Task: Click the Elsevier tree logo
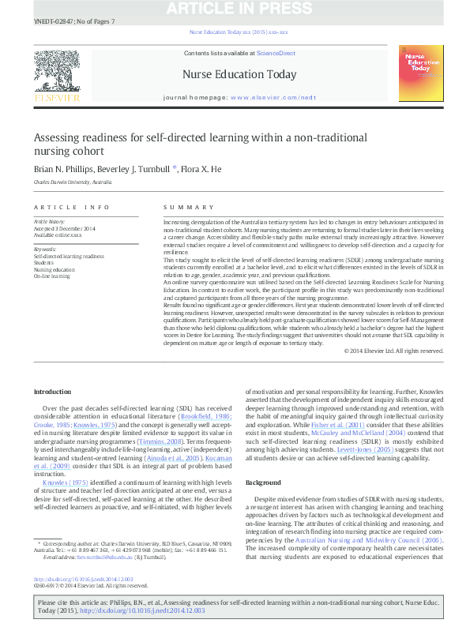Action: pos(56,76)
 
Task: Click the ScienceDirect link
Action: pos(275,53)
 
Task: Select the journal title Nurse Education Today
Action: pos(239,75)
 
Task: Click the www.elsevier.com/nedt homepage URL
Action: pos(273,96)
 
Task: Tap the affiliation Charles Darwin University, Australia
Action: pos(73,182)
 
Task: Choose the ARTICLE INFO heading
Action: pos(72,208)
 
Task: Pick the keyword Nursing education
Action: pos(55,269)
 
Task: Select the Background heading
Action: pos(263,482)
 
